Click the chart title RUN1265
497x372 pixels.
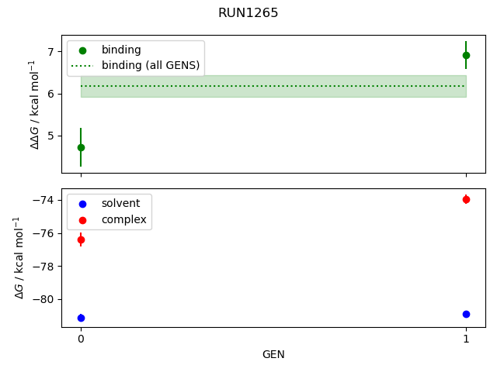[x=248, y=13]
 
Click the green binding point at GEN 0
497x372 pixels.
[x=81, y=147]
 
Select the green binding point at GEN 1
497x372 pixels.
[x=466, y=55]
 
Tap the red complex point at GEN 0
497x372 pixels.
[x=81, y=239]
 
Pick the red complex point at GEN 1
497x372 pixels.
[x=466, y=199]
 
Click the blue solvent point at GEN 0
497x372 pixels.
[x=81, y=318]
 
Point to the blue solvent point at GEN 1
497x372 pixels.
[x=466, y=314]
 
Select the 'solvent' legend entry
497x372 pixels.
[x=120, y=203]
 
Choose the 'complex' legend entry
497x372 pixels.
[x=123, y=219]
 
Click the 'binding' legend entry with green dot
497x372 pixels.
[x=121, y=50]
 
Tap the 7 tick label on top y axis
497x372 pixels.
[x=51, y=52]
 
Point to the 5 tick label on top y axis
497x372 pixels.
[x=51, y=136]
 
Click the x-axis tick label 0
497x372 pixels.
[x=81, y=339]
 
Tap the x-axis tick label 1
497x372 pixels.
[x=466, y=339]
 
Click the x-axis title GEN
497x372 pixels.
[x=273, y=355]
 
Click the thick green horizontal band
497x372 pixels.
[x=273, y=86]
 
